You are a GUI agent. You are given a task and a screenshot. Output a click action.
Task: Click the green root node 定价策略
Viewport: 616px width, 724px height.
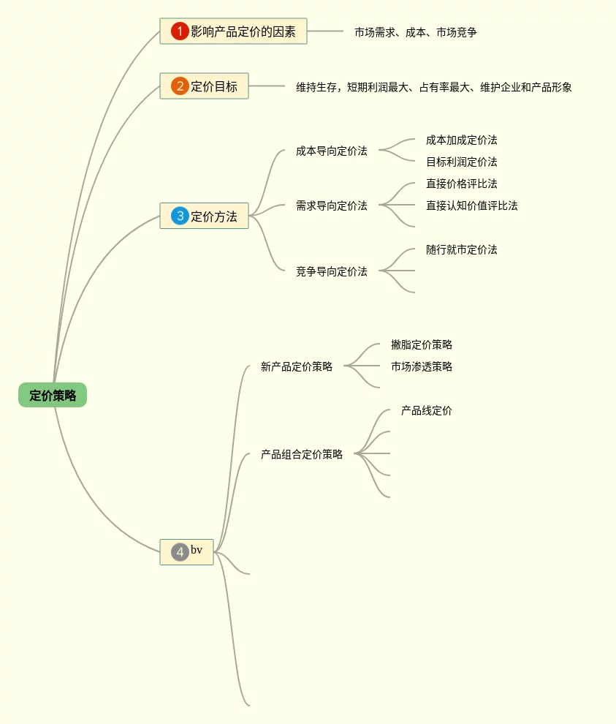point(53,396)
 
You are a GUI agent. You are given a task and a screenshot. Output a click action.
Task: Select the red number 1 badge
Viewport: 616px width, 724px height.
point(180,31)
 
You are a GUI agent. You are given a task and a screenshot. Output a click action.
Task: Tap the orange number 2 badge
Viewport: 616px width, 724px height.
point(180,86)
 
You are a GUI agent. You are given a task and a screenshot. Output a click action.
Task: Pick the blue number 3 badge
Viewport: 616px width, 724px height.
point(180,216)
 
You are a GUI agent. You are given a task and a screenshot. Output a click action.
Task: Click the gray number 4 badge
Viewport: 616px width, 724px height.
point(180,552)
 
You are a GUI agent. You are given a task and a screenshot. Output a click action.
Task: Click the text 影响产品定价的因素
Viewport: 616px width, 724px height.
point(243,31)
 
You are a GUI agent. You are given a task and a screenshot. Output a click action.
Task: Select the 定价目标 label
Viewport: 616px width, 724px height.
point(214,86)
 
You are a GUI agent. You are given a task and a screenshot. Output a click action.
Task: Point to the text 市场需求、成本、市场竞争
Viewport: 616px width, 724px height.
point(415,32)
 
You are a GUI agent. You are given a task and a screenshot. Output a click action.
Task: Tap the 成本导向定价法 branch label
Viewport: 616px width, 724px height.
point(332,151)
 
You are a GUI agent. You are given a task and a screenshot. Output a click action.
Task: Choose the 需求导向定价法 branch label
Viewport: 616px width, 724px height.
point(332,206)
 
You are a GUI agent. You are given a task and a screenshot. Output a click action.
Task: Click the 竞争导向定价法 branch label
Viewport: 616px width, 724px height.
point(332,272)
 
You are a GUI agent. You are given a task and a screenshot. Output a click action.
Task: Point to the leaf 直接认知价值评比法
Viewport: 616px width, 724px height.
point(472,206)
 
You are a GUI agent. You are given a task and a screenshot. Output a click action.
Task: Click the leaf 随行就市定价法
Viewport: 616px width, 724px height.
point(462,250)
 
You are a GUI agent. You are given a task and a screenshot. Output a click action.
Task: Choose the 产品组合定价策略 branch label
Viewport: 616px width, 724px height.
point(302,455)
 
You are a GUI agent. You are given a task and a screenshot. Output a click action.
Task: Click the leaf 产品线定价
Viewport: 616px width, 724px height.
point(427,411)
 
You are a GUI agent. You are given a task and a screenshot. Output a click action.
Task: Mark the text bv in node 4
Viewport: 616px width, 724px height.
point(197,550)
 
